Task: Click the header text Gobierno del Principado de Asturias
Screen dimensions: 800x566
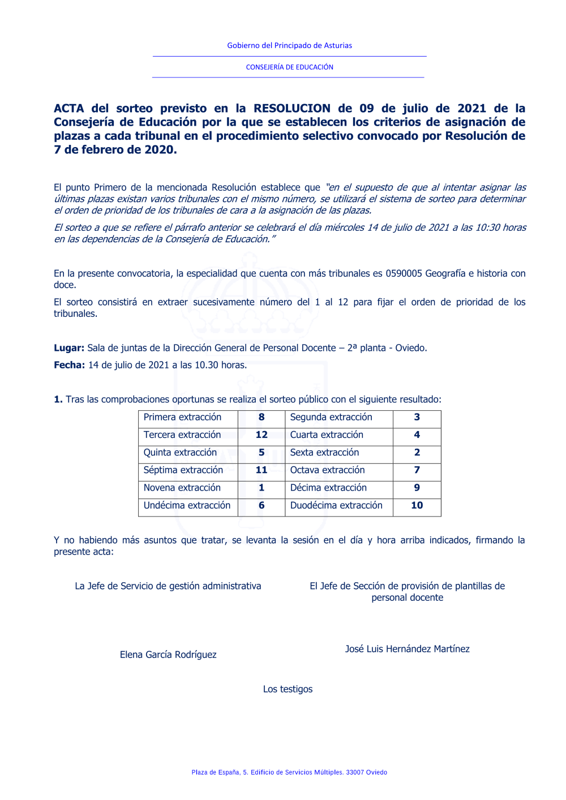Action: click(x=289, y=45)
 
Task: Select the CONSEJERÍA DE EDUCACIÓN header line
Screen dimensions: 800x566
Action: click(x=289, y=67)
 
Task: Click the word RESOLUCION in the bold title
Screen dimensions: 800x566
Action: click(x=291, y=108)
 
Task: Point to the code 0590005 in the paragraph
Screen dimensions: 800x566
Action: click(x=404, y=273)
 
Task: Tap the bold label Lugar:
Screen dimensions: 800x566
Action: click(x=69, y=348)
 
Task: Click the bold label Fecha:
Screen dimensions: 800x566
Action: click(x=69, y=365)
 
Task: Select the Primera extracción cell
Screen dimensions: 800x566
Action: click(x=182, y=417)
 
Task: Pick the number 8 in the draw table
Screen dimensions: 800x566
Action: click(x=261, y=417)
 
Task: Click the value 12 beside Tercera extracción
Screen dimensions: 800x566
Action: click(x=261, y=435)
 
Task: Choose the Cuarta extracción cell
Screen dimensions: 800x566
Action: click(x=327, y=435)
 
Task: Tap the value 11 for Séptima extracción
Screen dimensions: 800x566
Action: click(x=261, y=470)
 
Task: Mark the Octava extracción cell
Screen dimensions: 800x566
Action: click(x=327, y=470)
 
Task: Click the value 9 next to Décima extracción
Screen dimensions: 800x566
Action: click(x=417, y=487)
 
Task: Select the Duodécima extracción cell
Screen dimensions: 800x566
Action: click(x=336, y=505)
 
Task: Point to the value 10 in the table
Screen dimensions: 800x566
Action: click(x=417, y=505)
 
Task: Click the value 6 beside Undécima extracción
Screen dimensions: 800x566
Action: click(x=261, y=505)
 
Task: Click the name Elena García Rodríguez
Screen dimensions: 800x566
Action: click(x=168, y=655)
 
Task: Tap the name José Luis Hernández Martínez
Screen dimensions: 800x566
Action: click(x=408, y=649)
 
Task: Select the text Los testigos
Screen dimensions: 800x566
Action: click(x=288, y=689)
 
